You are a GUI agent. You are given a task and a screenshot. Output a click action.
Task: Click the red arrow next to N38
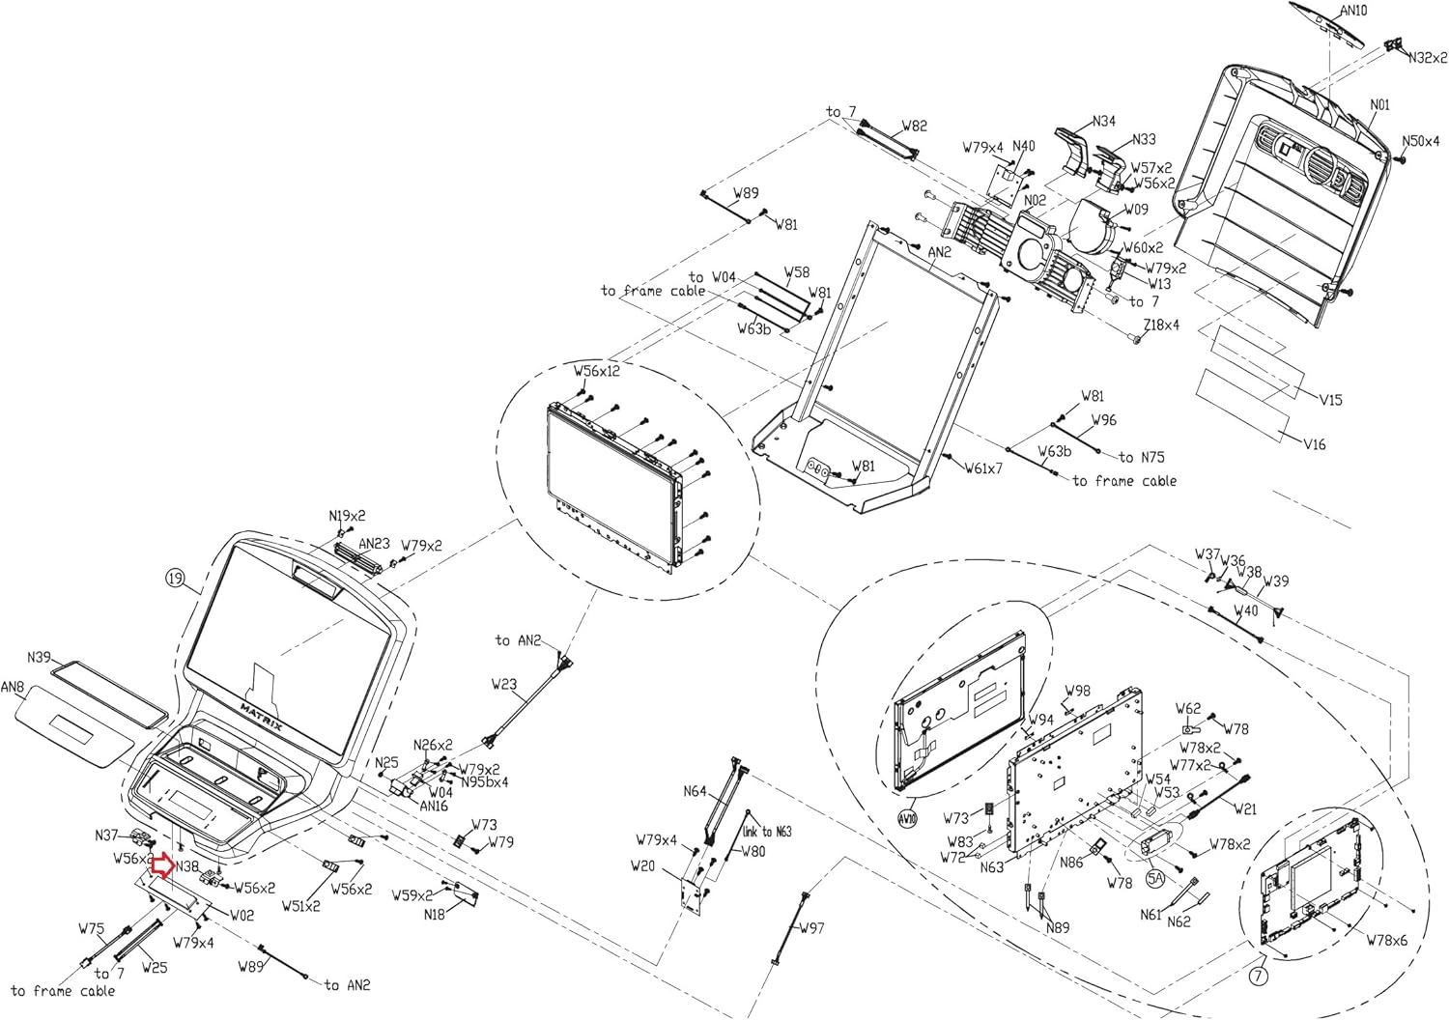pos(162,865)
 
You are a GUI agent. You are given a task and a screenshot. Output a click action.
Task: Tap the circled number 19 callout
pos(174,579)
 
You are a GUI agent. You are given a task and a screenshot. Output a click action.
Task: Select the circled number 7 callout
pos(1257,977)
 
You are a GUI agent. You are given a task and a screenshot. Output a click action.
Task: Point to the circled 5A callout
pos(1155,879)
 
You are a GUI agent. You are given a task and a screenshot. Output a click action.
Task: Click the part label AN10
pos(1353,11)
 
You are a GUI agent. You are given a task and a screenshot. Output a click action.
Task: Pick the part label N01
pos(1379,104)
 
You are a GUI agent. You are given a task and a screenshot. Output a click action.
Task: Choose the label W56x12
pos(597,371)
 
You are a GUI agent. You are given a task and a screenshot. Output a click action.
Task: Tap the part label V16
pos(1314,444)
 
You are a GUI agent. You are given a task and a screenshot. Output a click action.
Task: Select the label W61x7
pos(983,468)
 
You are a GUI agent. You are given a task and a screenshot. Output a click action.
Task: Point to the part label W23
pos(504,684)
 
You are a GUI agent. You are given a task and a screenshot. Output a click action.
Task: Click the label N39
pos(39,657)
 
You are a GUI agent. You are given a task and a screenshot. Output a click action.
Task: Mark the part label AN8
pos(13,688)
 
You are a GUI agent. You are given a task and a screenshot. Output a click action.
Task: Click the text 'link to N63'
pos(767,831)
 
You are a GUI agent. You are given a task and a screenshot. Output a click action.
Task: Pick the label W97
pos(811,928)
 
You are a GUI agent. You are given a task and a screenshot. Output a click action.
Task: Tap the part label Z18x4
pos(1160,326)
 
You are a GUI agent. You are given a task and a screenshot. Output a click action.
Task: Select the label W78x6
pos(1386,940)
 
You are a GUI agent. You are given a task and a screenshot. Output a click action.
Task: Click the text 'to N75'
pos(1142,457)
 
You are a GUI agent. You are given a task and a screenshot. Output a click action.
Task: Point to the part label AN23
pos(374,544)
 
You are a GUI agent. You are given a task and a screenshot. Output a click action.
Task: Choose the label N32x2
pos(1427,58)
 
